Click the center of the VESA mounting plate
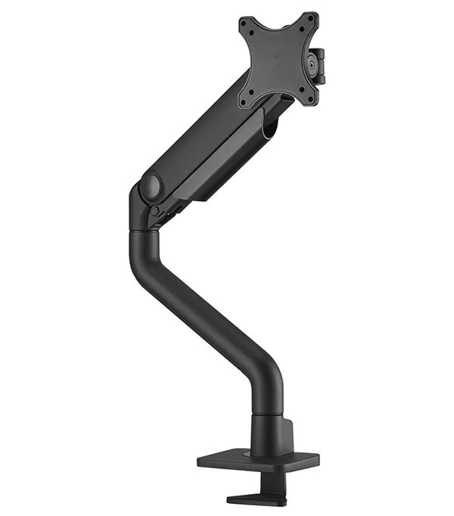[x=278, y=59]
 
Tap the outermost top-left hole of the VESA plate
[x=242, y=23]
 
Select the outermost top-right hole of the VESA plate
[x=308, y=17]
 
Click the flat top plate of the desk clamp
[x=258, y=460]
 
